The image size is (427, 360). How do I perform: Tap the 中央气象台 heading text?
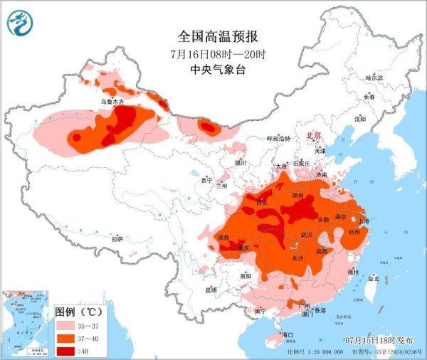tap(213, 70)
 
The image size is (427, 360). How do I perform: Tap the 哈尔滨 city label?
tap(374, 77)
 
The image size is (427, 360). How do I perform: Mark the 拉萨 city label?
tap(117, 239)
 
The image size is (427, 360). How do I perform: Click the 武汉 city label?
tap(307, 234)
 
